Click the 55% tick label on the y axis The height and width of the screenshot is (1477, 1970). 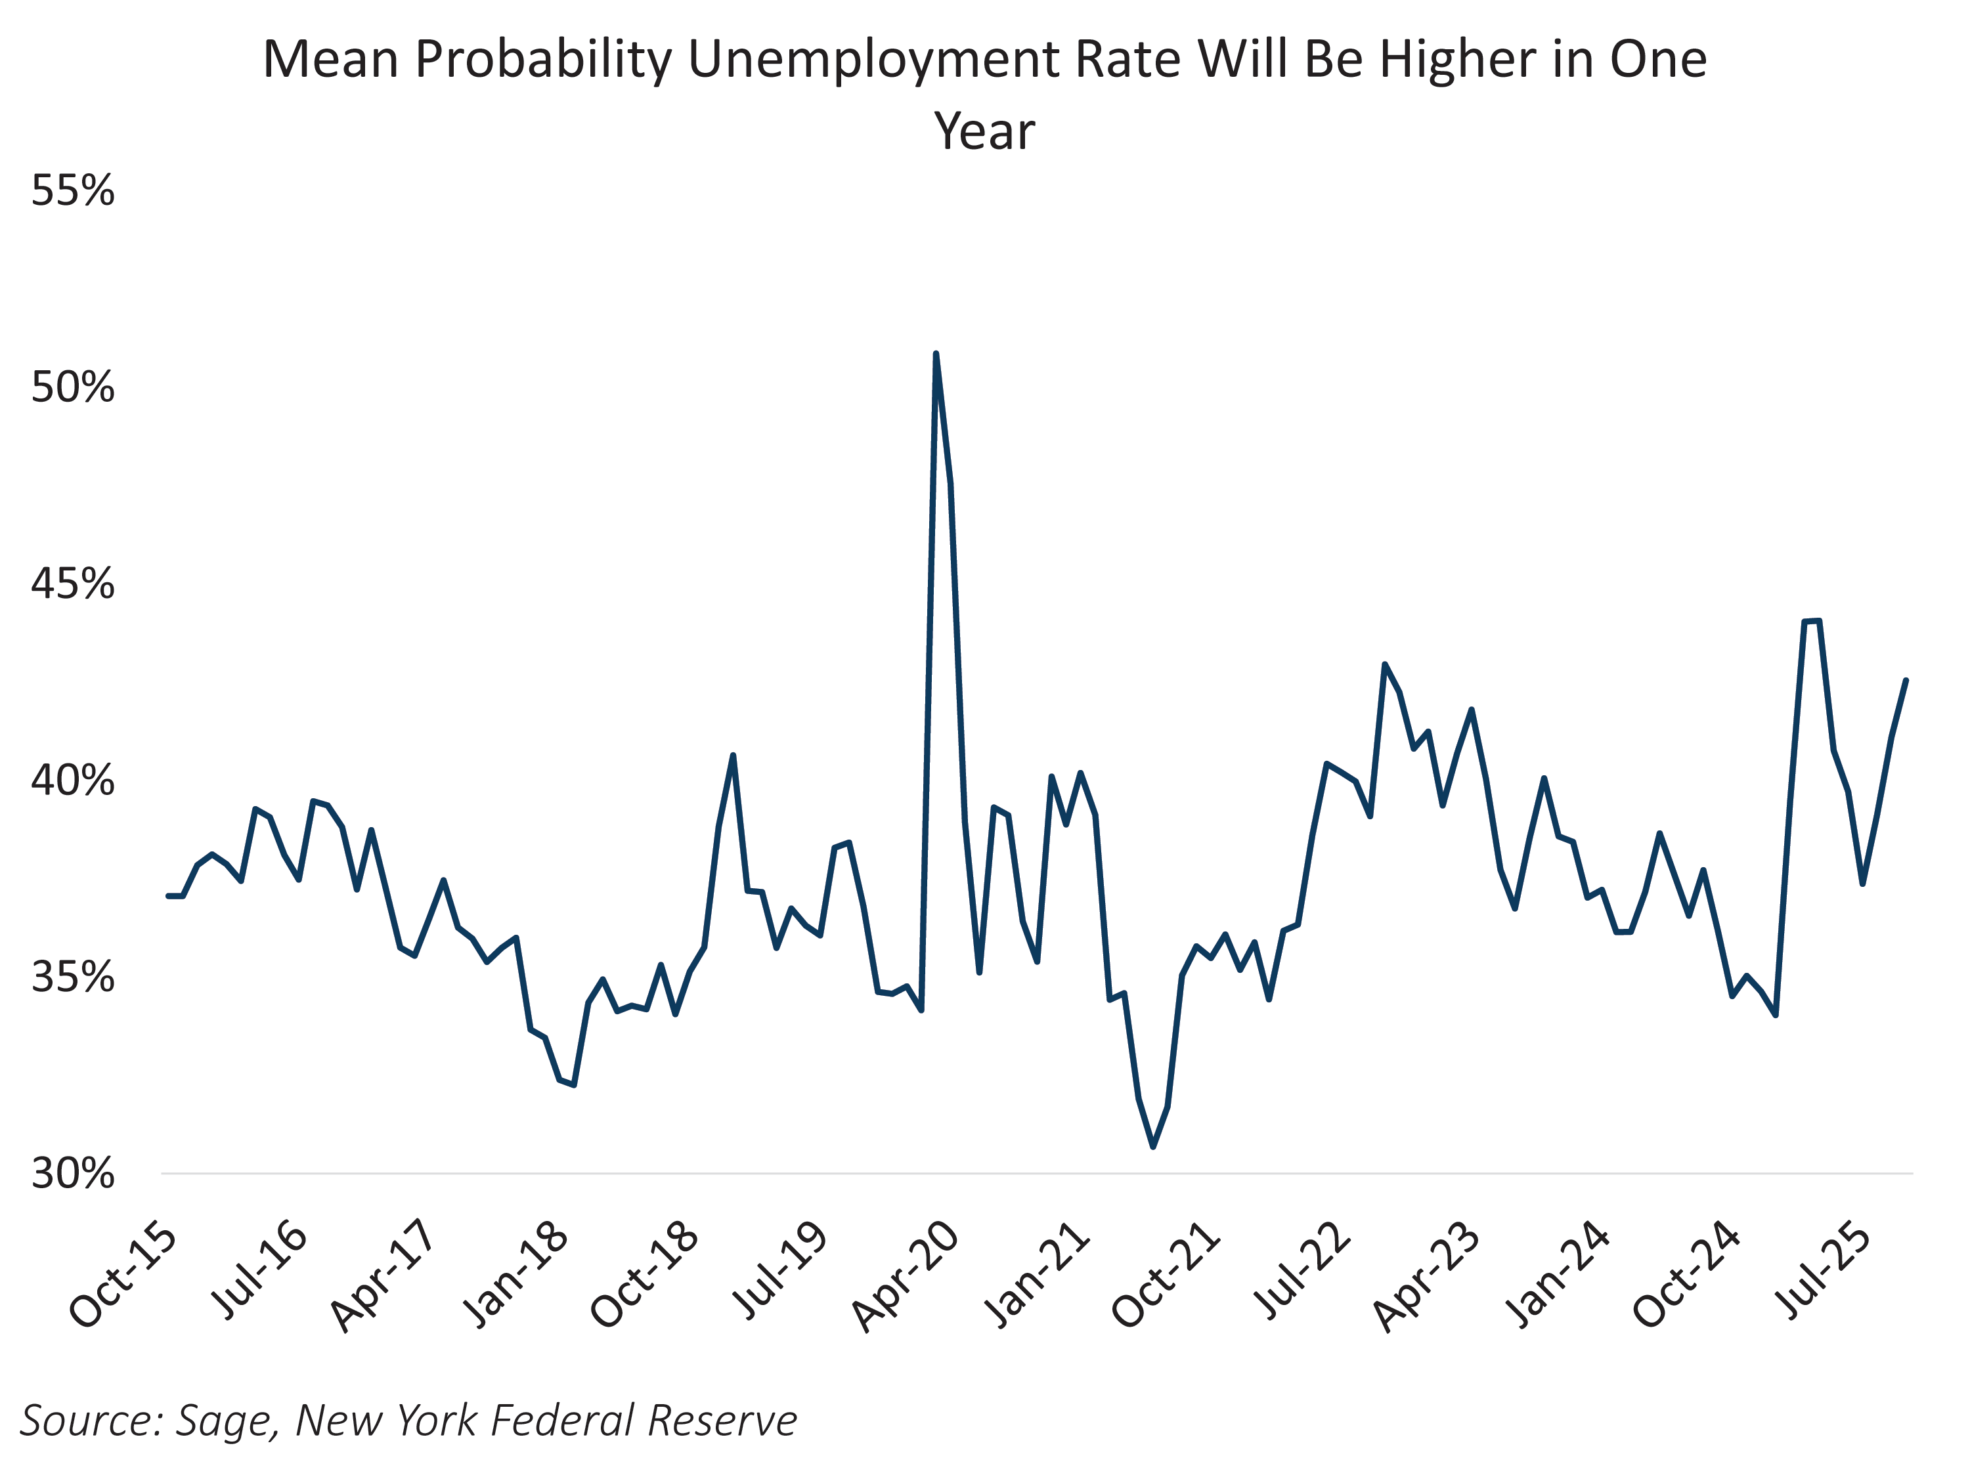coord(73,190)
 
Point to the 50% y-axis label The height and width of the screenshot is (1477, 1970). coord(73,387)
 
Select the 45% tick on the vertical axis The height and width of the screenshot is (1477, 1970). coord(73,584)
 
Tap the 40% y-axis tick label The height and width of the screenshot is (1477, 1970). coord(73,781)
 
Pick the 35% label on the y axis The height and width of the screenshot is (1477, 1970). coord(73,977)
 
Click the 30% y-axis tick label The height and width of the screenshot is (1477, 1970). coord(73,1174)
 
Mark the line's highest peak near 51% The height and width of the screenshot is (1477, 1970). coord(936,354)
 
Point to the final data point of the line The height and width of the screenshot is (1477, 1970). coord(1906,680)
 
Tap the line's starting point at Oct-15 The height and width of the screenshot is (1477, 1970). coord(168,895)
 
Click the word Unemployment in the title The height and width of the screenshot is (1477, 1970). coord(873,60)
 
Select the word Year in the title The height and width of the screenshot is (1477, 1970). coord(984,132)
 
